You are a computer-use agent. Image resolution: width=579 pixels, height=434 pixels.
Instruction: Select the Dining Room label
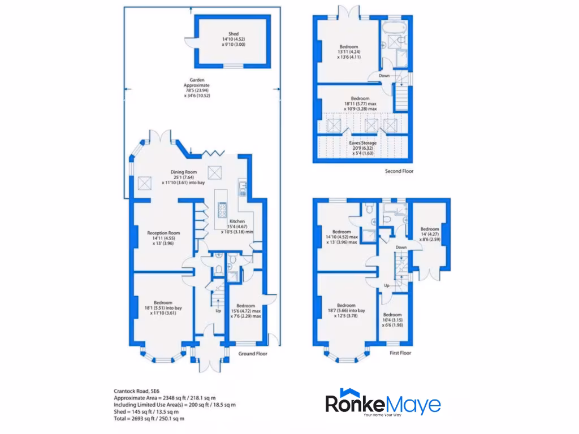(x=184, y=172)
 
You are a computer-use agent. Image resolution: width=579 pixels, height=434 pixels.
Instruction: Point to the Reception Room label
(x=163, y=233)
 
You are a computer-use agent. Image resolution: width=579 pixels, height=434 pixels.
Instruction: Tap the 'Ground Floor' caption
(x=252, y=354)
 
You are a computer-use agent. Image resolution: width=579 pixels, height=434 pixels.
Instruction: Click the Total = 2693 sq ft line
(x=149, y=419)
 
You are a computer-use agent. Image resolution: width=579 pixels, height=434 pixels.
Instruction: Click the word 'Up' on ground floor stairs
(x=218, y=311)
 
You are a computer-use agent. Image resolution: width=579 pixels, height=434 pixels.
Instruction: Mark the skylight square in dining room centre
(x=215, y=171)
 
